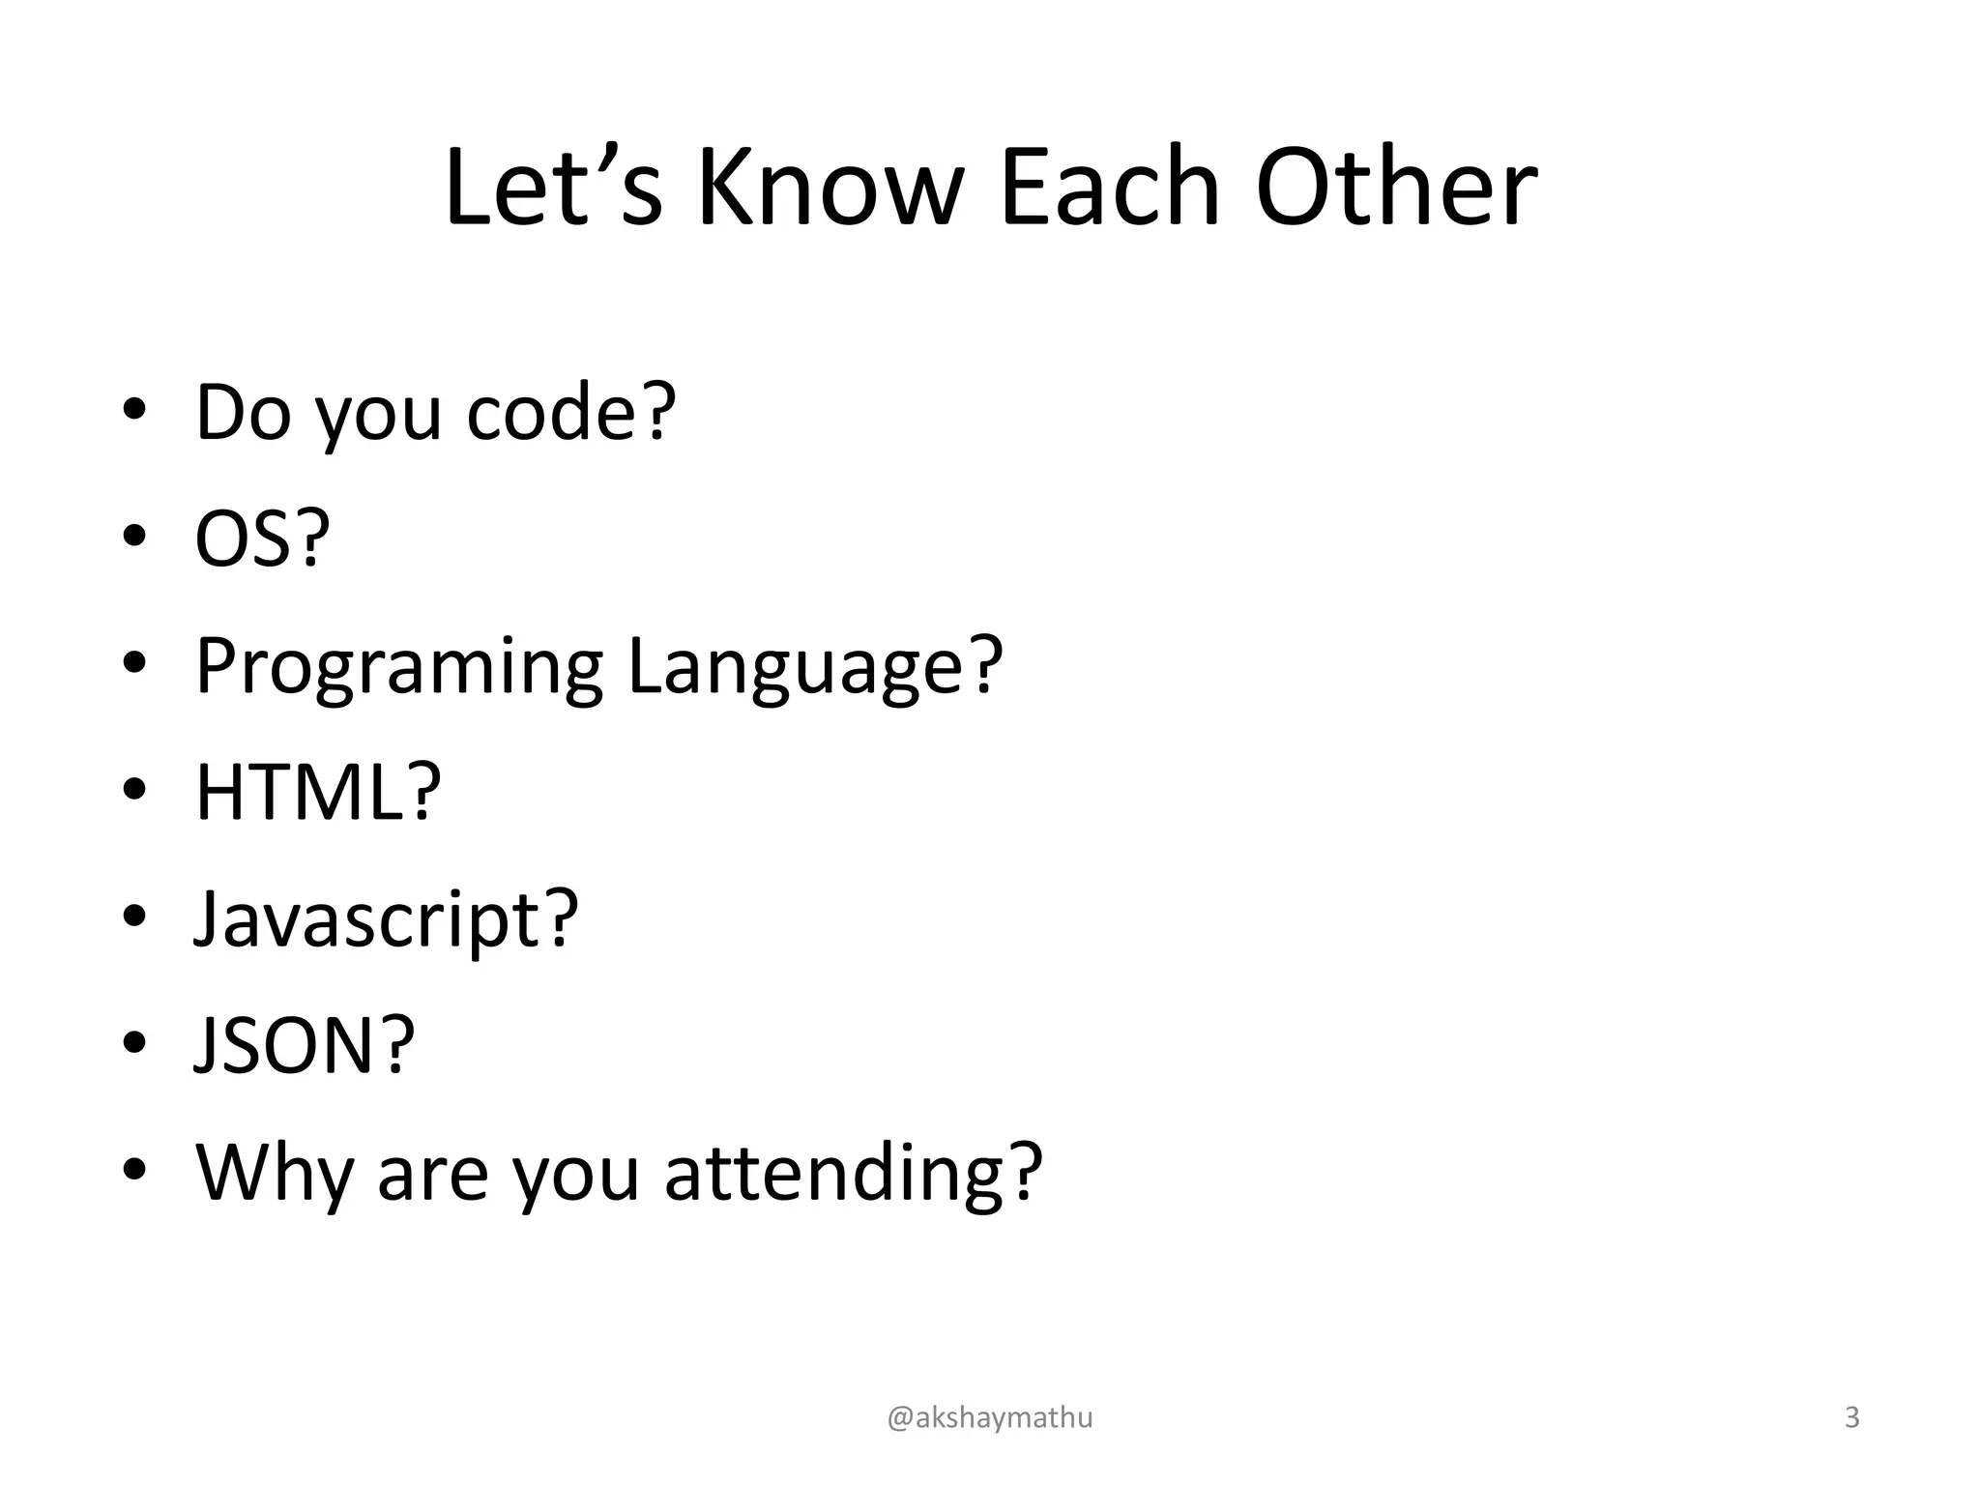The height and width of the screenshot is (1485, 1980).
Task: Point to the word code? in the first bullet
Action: pos(570,413)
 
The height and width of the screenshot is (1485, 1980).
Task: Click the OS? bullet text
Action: pos(262,539)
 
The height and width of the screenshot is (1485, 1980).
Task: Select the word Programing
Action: pos(399,667)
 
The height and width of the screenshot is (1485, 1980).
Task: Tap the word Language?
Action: pos(815,667)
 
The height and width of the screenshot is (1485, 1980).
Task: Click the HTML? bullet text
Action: pos(318,793)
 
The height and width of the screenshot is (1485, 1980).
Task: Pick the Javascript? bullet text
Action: pos(386,919)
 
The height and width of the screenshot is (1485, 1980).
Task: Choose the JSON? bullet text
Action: pos(305,1046)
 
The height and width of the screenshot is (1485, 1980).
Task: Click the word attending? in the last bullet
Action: pos(854,1173)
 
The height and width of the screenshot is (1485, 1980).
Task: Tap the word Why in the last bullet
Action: pos(274,1173)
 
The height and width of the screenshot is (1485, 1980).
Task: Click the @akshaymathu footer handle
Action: pos(990,1417)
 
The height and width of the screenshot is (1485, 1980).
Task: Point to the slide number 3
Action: pos(1851,1417)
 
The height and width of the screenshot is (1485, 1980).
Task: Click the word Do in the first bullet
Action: pos(243,413)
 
